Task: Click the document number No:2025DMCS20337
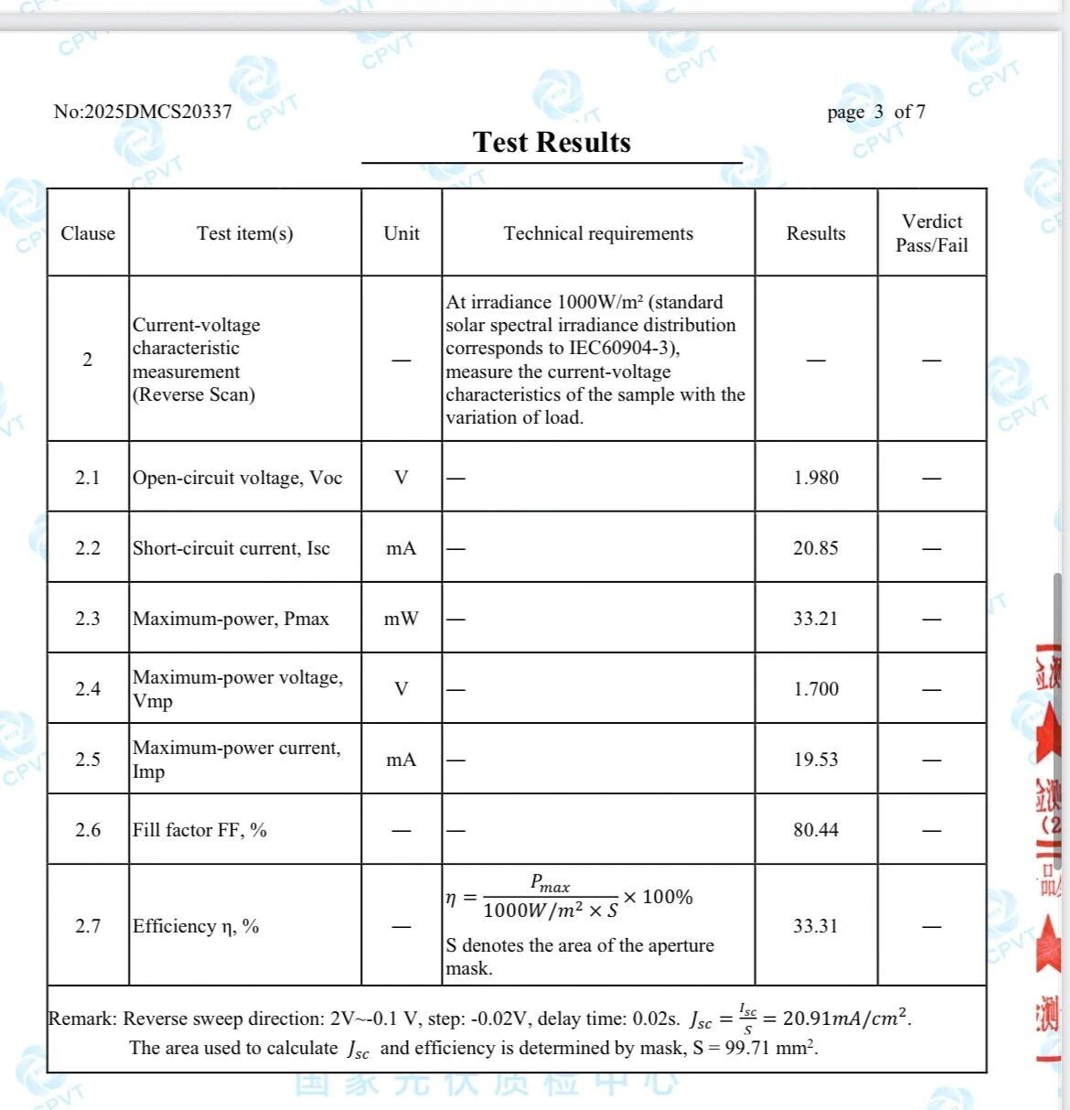[143, 112]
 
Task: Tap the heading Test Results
[551, 143]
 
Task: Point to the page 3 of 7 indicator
[875, 112]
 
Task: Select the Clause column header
[88, 233]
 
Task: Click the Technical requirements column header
[598, 233]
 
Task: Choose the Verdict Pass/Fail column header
[931, 233]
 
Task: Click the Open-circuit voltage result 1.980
[816, 478]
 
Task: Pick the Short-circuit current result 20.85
[816, 548]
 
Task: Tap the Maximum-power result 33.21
[816, 619]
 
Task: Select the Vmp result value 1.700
[816, 689]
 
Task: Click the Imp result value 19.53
[816, 760]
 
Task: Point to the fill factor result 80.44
[816, 830]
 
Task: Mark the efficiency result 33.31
[816, 926]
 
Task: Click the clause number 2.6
[88, 830]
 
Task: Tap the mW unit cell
[401, 619]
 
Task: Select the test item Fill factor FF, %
[199, 830]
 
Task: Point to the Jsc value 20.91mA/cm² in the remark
[846, 1018]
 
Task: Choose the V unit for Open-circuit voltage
[401, 478]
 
